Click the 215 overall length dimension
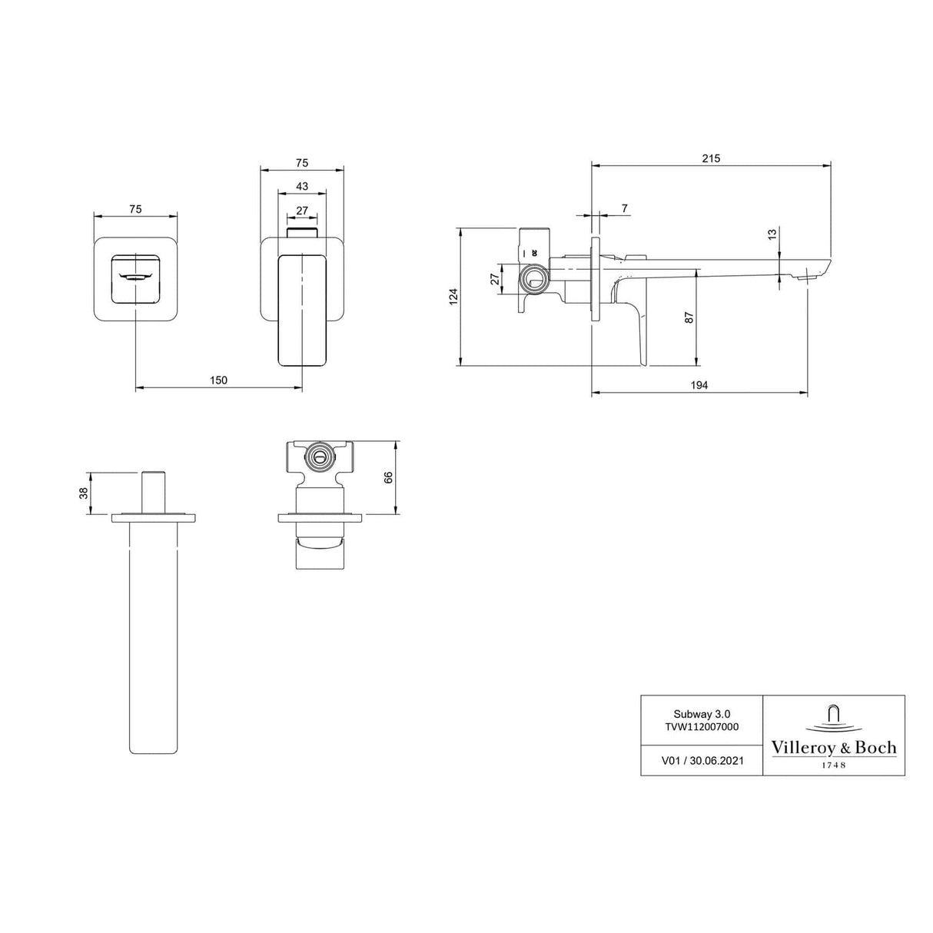(x=710, y=158)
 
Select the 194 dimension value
(x=699, y=385)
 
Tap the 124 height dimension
(x=453, y=296)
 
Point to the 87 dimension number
(x=689, y=317)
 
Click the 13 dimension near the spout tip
(x=772, y=234)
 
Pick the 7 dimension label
(x=624, y=209)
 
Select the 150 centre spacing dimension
(x=218, y=380)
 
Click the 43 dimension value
(x=301, y=187)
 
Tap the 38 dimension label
(x=84, y=493)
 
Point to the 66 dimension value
(x=389, y=477)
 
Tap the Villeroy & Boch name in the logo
(x=834, y=748)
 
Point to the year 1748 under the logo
(x=834, y=765)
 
